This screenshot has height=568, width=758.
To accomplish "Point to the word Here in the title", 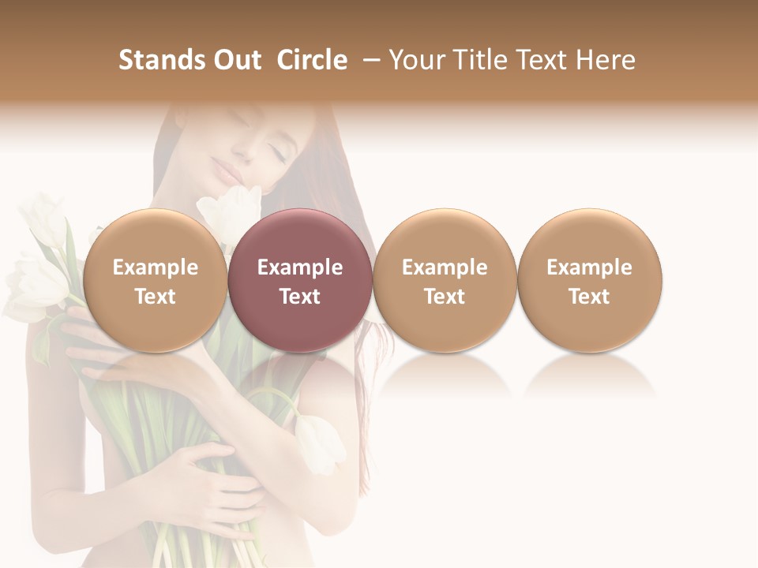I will [x=606, y=60].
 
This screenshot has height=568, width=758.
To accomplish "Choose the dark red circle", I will [x=300, y=280].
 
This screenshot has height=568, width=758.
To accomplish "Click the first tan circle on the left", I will [x=155, y=280].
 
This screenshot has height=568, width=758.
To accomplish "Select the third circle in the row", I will [x=445, y=280].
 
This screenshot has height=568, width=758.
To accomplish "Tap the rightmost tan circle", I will [x=590, y=280].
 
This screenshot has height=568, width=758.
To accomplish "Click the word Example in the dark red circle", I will [x=300, y=267].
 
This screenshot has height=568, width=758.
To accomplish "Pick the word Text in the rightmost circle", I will [x=590, y=297].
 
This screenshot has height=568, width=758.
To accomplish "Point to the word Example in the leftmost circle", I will [x=155, y=267].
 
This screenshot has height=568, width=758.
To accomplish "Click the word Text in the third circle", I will [x=445, y=297].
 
